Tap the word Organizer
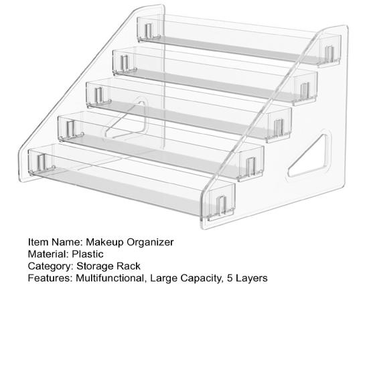coord(151,242)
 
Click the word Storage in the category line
coord(96,266)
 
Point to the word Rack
coord(129,266)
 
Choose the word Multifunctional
coord(110,278)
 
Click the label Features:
coord(50,278)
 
